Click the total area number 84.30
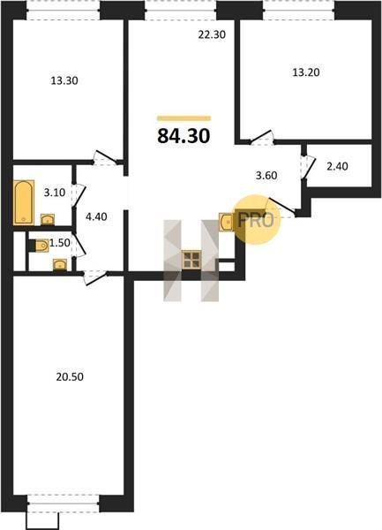click(x=184, y=136)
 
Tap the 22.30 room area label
click(x=212, y=34)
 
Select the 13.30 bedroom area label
click(x=64, y=80)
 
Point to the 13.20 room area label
click(x=306, y=72)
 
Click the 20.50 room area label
click(x=70, y=376)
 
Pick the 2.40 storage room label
click(x=338, y=166)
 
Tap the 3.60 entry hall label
click(x=266, y=176)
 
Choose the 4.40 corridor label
click(x=96, y=216)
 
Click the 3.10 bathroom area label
click(x=55, y=193)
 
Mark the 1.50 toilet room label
click(x=60, y=243)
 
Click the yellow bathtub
click(x=24, y=202)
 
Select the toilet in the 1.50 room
click(x=39, y=246)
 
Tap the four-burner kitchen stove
click(x=191, y=260)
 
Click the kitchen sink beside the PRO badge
click(x=227, y=222)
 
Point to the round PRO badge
click(x=257, y=220)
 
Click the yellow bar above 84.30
click(x=184, y=118)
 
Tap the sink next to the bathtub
click(x=48, y=220)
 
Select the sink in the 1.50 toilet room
click(x=60, y=265)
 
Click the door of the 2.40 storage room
click(x=307, y=167)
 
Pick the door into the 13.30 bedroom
click(x=105, y=157)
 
